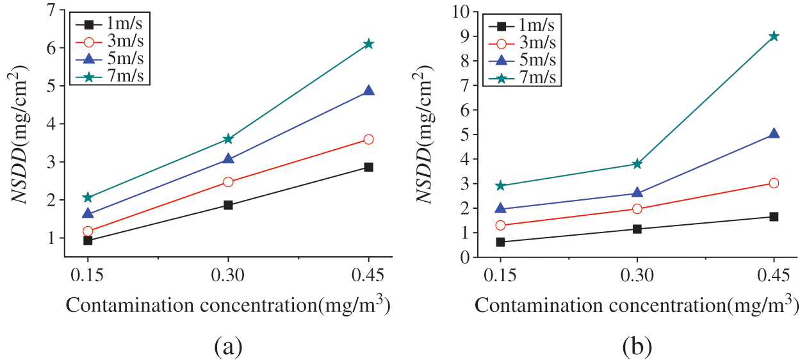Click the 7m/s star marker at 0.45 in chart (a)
(368, 44)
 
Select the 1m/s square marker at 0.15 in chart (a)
(88, 240)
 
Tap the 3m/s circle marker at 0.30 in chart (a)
(228, 182)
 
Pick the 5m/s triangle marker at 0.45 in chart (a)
(368, 91)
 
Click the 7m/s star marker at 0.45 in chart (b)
(774, 36)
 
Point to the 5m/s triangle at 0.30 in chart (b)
(637, 193)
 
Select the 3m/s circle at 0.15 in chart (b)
(500, 225)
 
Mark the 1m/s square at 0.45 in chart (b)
(774, 217)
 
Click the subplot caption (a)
(228, 347)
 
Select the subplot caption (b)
(637, 347)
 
